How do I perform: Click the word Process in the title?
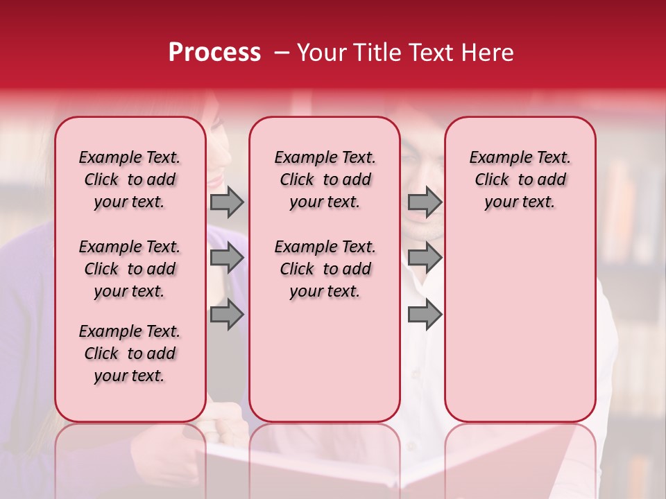[x=214, y=53]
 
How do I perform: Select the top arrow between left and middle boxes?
[x=226, y=202]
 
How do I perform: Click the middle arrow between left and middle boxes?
[x=226, y=259]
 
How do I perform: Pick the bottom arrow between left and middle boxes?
[x=226, y=315]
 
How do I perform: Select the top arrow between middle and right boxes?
[x=425, y=202]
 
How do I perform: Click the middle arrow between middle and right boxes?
[x=425, y=259]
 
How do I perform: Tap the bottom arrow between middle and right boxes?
[x=425, y=315]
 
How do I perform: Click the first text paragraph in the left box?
[x=130, y=180]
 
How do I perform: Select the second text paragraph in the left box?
[x=130, y=269]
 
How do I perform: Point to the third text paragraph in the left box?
[x=130, y=353]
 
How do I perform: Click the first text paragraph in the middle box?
[x=325, y=180]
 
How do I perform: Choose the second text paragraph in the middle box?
[x=325, y=269]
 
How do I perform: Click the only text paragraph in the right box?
[x=520, y=180]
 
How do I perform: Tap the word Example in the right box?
[x=495, y=158]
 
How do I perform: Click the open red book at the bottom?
[x=388, y=464]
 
